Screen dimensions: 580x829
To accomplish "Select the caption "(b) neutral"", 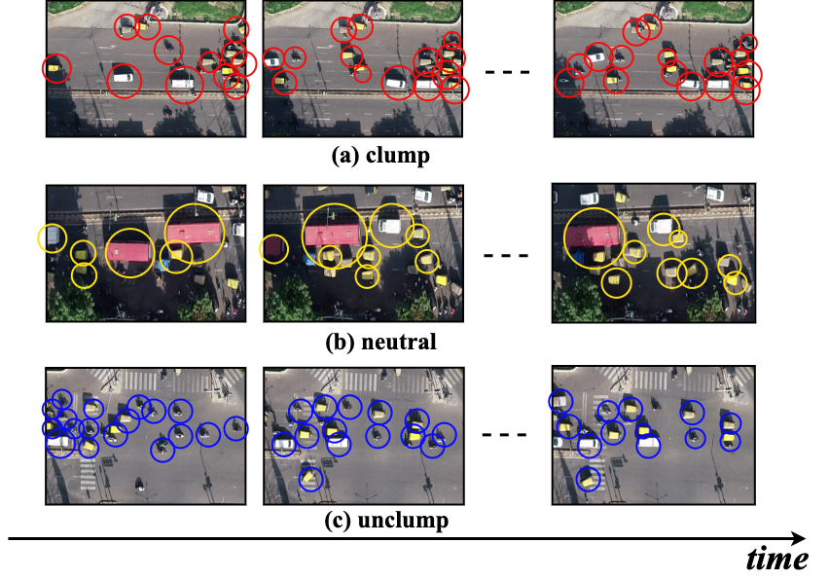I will coord(380,342).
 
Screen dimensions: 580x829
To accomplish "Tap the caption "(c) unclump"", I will coord(386,521).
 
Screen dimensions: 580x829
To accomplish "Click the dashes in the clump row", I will coord(505,73).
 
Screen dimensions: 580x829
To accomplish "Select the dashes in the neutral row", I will coord(505,257).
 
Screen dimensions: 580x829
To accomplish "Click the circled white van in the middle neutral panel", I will coord(390,225).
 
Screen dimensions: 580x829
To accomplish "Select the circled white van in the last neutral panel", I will coord(661,229).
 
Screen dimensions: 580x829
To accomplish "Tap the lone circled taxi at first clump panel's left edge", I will coord(57,68).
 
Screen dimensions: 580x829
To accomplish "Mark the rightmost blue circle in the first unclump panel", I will coord(235,427).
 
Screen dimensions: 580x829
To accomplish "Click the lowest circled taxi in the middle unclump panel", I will coord(310,478).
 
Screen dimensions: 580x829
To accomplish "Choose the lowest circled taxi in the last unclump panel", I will coord(588,478).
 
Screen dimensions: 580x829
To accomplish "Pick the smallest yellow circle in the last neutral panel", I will coord(678,238).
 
